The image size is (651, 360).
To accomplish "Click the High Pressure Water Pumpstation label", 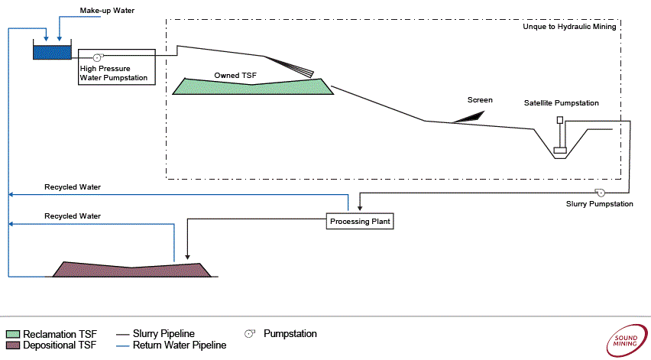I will click(114, 73).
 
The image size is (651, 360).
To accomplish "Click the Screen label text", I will click(480, 100).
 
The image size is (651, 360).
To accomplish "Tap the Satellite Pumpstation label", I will click(561, 103).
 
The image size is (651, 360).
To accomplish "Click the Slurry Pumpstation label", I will click(599, 204).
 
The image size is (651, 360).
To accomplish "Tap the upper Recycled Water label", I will click(73, 187).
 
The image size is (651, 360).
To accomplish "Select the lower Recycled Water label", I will click(73, 216).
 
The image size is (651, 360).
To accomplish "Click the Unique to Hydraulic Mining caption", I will click(568, 27).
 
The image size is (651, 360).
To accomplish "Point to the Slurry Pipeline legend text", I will click(164, 334).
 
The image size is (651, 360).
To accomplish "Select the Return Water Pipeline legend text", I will click(180, 345).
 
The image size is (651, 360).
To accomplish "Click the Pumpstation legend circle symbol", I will click(249, 334).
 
